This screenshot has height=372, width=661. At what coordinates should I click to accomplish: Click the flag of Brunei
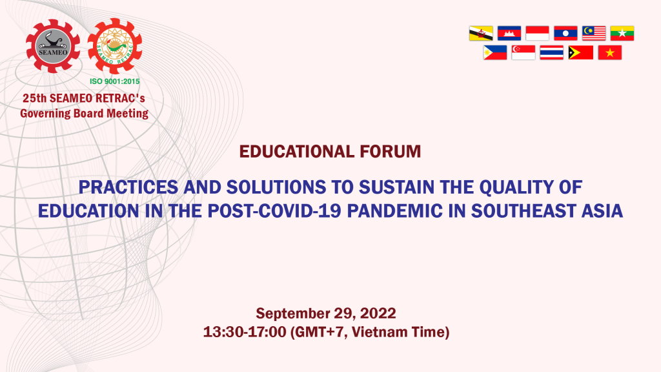click(481, 34)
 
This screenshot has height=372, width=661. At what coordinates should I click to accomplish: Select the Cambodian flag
click(509, 34)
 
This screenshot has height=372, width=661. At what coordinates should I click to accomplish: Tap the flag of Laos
click(565, 34)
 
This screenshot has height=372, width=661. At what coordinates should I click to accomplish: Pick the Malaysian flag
click(594, 34)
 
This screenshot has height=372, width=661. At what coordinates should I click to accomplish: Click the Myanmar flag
click(622, 34)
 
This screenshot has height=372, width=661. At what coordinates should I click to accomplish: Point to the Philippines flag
click(495, 53)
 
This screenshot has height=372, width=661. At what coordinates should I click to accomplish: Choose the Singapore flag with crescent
click(523, 53)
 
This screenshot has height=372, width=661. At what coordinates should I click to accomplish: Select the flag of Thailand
click(551, 53)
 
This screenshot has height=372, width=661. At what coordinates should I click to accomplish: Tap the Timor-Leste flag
click(580, 53)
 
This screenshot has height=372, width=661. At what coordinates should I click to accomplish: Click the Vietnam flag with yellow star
click(609, 53)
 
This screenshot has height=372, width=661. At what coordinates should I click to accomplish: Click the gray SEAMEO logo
click(53, 46)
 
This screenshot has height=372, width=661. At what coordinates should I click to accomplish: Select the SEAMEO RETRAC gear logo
click(115, 46)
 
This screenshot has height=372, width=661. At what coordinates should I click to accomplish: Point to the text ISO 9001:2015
click(115, 81)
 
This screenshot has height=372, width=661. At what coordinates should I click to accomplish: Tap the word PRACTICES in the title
click(128, 187)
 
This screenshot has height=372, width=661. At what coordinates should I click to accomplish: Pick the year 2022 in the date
click(378, 313)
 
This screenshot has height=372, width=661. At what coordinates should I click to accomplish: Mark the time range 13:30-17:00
click(245, 332)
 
